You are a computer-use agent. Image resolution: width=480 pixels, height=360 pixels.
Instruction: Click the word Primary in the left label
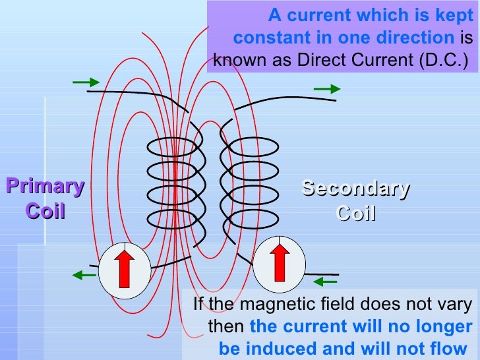45,187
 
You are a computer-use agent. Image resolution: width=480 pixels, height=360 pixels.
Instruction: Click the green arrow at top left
86,82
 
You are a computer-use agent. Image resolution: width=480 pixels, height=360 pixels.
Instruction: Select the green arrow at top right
326,88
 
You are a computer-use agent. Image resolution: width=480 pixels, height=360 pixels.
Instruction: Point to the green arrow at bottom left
85,275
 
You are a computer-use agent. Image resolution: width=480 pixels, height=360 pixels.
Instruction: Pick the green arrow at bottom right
325,282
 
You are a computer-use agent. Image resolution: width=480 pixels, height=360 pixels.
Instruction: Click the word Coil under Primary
45,212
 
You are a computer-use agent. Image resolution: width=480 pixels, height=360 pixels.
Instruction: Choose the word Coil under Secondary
355,214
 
